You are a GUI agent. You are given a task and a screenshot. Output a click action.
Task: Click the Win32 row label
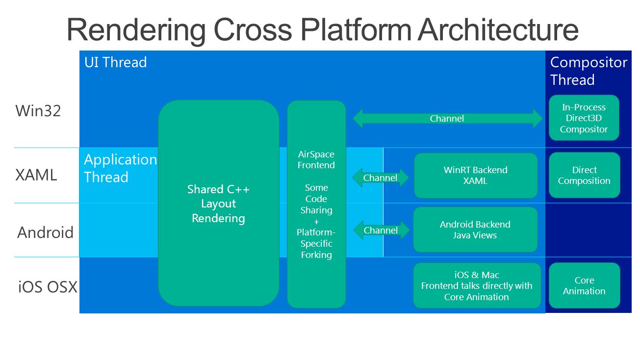tap(38, 111)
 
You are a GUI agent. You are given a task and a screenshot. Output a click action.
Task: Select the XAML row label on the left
tap(36, 175)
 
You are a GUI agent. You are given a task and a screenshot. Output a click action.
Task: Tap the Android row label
tap(46, 232)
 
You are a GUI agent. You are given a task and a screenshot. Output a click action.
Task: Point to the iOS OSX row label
tap(48, 287)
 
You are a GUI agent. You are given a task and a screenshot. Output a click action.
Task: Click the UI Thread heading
tap(115, 62)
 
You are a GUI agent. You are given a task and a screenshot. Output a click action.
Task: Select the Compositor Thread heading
tap(589, 71)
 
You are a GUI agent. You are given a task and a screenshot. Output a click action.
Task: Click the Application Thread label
tap(120, 168)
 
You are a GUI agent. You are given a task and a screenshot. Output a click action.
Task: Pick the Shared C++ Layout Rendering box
tap(219, 203)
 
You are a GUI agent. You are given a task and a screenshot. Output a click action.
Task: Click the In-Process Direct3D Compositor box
tap(584, 118)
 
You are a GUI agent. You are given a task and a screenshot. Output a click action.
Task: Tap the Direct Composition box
tap(584, 175)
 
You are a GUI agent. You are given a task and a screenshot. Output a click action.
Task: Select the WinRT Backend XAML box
tap(476, 176)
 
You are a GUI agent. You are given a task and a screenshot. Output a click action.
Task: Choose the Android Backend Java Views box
tap(475, 230)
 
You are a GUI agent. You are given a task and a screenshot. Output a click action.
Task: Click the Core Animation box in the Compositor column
tap(584, 285)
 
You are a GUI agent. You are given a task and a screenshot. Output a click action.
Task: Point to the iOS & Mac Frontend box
tap(477, 285)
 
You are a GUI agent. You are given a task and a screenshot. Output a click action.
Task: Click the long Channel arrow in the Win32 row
tap(448, 118)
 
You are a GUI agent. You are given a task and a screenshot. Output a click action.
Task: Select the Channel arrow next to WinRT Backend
tap(380, 178)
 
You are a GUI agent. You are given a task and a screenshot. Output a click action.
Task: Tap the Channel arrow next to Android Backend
tap(381, 230)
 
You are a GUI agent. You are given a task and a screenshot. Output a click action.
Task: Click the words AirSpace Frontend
tap(316, 159)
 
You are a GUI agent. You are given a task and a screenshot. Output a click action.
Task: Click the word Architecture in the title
tap(498, 30)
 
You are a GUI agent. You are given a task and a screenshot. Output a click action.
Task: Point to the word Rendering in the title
tap(136, 31)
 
